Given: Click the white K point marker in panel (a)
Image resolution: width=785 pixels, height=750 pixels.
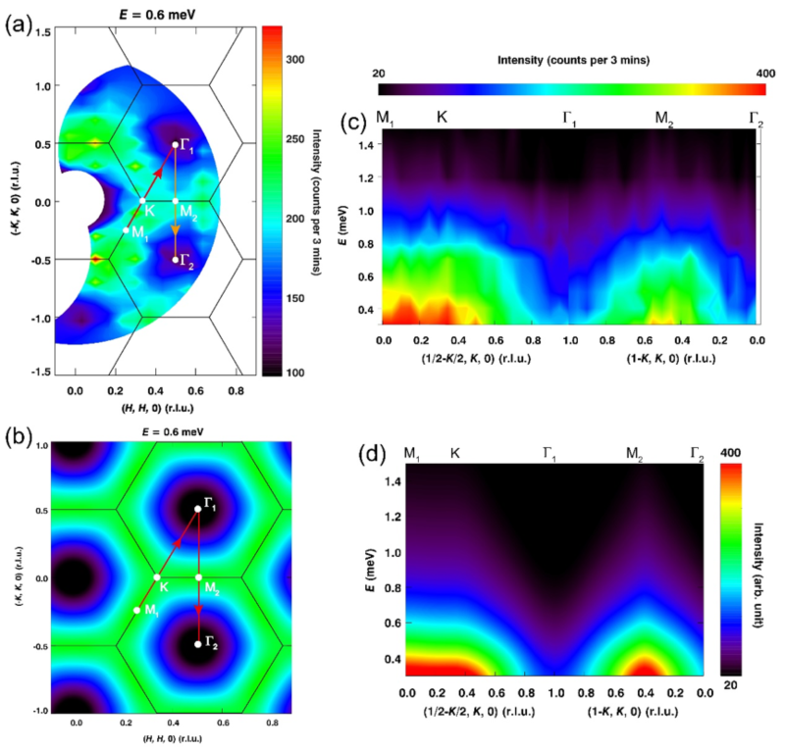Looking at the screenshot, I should coord(142,201).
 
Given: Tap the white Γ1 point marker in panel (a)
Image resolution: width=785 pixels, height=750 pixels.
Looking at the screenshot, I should coord(176,145).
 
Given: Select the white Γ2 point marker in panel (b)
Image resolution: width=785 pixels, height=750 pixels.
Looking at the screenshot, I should coord(198,644).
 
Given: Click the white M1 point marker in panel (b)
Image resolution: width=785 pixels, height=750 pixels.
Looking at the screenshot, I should coord(137,610).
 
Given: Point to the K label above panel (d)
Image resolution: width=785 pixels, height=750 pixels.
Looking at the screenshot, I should coord(455,453).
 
